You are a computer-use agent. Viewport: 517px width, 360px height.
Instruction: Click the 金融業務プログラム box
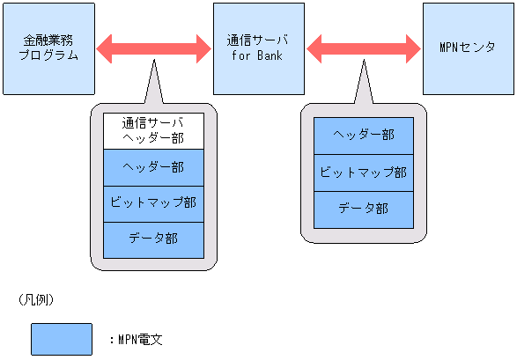coord(48,48)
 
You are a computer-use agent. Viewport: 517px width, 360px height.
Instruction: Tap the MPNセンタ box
coord(469,48)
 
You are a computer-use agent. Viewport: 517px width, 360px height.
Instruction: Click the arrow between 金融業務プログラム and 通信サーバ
coord(152,48)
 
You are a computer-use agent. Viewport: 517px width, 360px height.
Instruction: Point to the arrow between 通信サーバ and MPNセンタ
coord(363,48)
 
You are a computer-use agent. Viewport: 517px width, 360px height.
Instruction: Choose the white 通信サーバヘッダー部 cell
coord(153,131)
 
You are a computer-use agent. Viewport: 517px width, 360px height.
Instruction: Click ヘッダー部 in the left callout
coord(153,167)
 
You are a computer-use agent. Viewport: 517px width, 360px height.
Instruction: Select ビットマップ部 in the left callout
coord(153,203)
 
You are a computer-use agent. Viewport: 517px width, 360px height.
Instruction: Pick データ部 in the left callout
coord(153,239)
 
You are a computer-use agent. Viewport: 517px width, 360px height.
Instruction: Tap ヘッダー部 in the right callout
coord(364,135)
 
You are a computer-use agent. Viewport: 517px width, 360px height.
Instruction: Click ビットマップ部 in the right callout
coord(364,173)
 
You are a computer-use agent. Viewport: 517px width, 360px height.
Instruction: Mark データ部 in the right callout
coord(364,209)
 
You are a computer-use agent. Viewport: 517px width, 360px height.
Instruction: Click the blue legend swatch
coord(62,339)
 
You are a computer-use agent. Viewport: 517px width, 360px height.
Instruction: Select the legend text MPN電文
coord(139,340)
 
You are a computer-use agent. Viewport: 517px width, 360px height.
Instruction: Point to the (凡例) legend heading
coord(36,300)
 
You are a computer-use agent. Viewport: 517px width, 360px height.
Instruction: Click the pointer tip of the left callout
coord(153,62)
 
